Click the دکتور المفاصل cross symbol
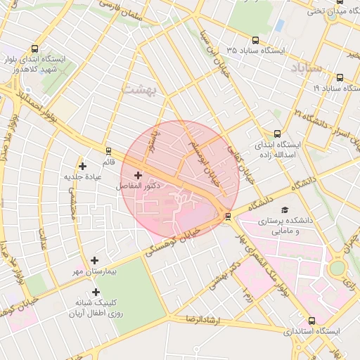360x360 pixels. click(x=138, y=175)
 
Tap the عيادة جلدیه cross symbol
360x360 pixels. click(x=83, y=166)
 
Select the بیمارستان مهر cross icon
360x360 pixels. click(x=95, y=260)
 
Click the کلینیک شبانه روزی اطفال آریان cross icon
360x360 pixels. click(x=96, y=292)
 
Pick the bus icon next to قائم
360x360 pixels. click(x=108, y=150)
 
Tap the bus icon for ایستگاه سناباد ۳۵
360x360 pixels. click(x=255, y=41)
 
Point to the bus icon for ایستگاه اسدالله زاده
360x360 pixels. click(x=277, y=133)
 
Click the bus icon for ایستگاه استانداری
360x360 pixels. click(x=312, y=321)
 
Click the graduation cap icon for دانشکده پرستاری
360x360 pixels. click(x=285, y=210)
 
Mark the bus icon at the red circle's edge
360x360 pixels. click(x=227, y=216)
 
